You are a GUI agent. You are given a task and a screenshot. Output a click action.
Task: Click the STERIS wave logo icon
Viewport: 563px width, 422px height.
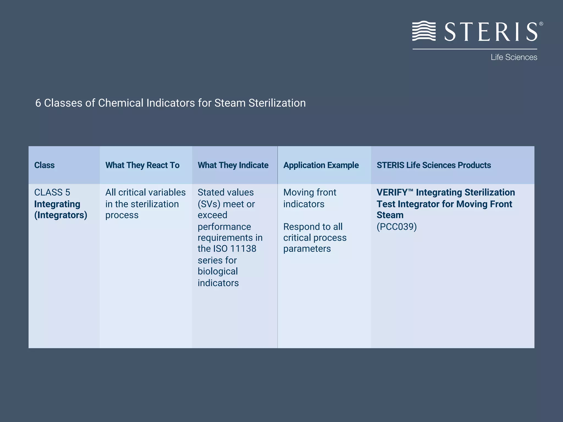(424, 31)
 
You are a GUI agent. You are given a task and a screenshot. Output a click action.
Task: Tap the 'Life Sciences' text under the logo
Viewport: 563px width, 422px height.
(514, 57)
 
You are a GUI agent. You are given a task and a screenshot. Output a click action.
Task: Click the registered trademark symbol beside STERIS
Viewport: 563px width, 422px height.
(541, 24)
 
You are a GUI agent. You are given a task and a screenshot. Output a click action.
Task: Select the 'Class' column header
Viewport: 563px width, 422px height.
(44, 165)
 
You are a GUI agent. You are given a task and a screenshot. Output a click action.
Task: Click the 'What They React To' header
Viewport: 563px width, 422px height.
(142, 165)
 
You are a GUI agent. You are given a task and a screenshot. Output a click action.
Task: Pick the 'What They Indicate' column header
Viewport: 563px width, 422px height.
(233, 165)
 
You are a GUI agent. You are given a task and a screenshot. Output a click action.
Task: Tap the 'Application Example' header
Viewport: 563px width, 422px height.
(321, 165)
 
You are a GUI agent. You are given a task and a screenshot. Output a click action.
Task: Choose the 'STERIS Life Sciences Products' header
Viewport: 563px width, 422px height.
(434, 165)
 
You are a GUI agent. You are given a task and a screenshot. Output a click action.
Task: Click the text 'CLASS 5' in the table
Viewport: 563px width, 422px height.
(52, 192)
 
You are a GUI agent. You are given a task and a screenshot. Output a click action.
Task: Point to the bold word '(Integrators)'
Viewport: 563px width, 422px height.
(60, 215)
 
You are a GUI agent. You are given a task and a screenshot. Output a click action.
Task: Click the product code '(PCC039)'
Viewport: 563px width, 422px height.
(396, 227)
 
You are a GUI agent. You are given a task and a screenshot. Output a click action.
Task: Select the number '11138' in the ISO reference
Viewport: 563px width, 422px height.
(243, 249)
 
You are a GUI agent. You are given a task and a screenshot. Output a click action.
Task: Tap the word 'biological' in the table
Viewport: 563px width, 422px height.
(217, 271)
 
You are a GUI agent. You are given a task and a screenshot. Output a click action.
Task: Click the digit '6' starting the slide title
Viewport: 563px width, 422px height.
(38, 103)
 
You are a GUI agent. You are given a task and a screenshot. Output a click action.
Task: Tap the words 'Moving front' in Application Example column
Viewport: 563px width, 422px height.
(310, 192)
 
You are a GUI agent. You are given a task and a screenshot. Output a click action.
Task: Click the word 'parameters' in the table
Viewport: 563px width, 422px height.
(307, 249)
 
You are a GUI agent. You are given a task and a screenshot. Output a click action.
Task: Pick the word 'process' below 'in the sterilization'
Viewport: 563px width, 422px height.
(122, 215)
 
